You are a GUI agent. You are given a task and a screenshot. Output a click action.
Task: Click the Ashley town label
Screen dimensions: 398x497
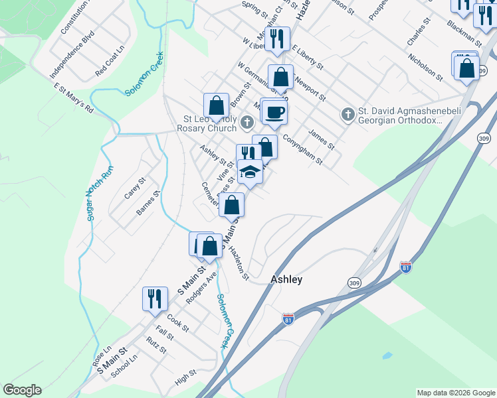[286, 279]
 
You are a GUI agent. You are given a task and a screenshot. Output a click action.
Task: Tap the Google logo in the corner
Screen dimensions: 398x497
[22, 390]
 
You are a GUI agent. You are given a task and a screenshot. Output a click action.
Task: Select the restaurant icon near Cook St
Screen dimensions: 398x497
[155, 298]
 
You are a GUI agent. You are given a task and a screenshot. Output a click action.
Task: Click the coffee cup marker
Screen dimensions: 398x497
[273, 111]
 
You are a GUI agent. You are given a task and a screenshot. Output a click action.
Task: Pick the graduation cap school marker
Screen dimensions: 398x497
[250, 172]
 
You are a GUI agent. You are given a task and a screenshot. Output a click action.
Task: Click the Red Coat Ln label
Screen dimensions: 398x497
[110, 61]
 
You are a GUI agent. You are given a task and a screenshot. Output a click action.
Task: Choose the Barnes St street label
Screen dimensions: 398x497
[149, 204]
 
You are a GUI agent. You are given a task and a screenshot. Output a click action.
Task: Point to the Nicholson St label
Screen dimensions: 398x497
[425, 64]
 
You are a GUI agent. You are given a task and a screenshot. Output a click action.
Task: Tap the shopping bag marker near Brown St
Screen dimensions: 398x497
[216, 105]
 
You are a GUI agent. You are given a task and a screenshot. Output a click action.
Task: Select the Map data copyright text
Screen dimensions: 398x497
[456, 393]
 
